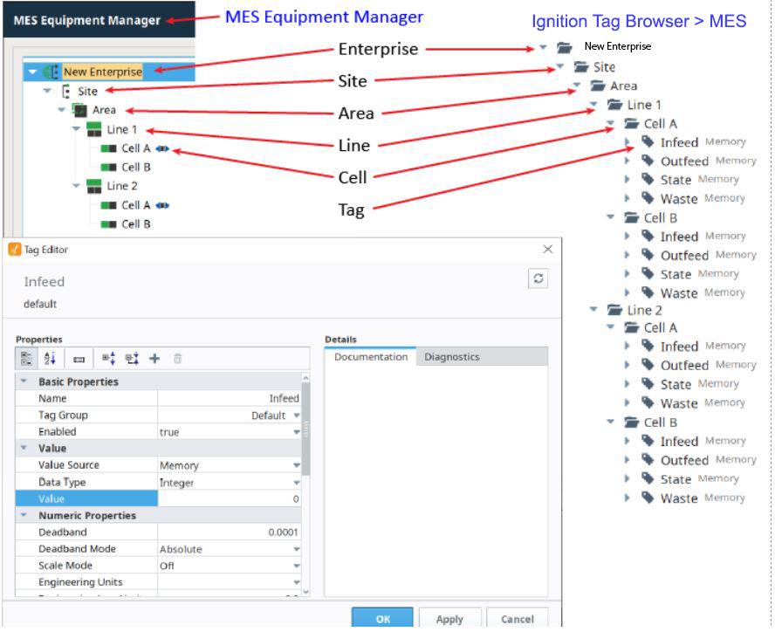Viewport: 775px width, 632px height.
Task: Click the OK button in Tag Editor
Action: [382, 618]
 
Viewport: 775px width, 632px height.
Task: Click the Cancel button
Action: [517, 618]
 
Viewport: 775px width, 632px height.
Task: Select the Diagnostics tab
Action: [452, 356]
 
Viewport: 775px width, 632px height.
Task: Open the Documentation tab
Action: [371, 356]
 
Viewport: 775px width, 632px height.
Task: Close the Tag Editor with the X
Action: [547, 249]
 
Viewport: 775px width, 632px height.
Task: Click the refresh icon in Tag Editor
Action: [538, 278]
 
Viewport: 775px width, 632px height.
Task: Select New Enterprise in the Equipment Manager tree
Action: [103, 72]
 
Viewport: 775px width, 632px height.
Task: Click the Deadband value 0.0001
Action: [284, 532]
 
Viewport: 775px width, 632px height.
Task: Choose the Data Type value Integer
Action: [176, 483]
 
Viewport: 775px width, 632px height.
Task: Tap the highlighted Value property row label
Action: [51, 498]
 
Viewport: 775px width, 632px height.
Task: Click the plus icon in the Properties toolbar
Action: [154, 359]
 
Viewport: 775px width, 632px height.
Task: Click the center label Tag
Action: [352, 210]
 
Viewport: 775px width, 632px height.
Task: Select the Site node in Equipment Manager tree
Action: [87, 91]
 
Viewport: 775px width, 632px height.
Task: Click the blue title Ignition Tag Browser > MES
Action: [639, 21]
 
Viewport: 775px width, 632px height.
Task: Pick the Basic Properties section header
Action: [79, 381]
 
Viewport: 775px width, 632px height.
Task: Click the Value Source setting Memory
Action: [179, 465]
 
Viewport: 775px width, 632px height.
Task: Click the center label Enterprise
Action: [378, 49]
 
